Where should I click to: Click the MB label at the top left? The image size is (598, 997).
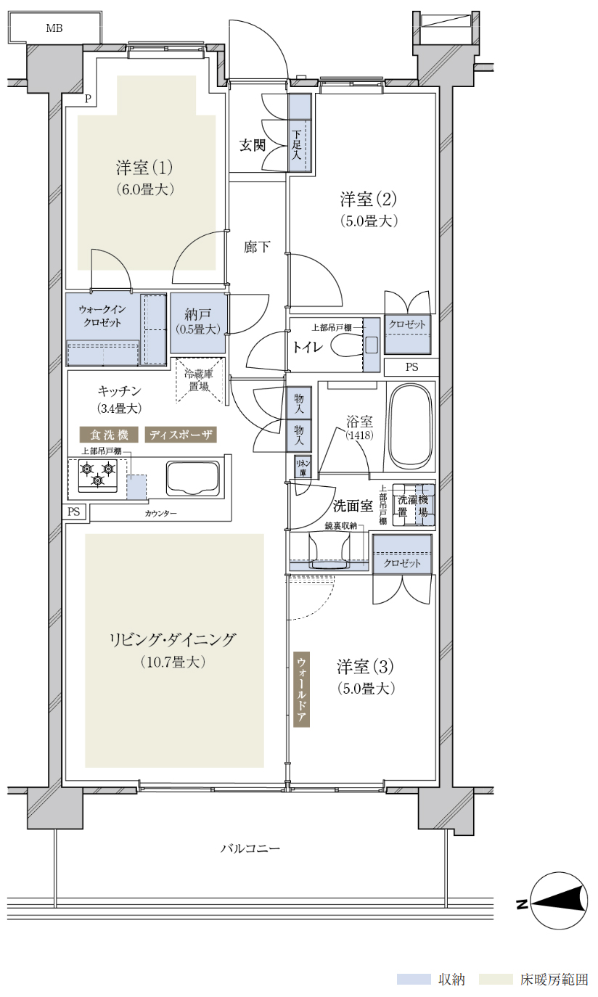pyautogui.click(x=54, y=28)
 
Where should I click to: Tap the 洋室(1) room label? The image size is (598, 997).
pyautogui.click(x=144, y=168)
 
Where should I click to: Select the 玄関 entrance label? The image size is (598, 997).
pyautogui.click(x=253, y=145)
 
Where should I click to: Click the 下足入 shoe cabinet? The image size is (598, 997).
pyautogui.click(x=299, y=133)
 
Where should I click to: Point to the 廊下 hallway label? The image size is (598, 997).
pyautogui.click(x=257, y=247)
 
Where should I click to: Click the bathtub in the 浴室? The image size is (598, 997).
pyautogui.click(x=410, y=427)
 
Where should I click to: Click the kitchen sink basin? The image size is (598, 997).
pyautogui.click(x=193, y=478)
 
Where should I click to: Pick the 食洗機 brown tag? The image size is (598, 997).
pyautogui.click(x=109, y=435)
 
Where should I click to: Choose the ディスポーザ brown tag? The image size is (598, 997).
pyautogui.click(x=181, y=435)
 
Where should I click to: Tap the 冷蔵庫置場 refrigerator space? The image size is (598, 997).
pyautogui.click(x=199, y=380)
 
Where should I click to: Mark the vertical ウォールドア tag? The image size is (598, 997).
pyautogui.click(x=301, y=689)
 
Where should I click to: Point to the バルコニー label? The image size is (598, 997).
pyautogui.click(x=250, y=848)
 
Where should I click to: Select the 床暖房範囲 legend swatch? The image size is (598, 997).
pyautogui.click(x=496, y=979)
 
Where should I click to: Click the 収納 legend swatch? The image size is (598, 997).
pyautogui.click(x=414, y=979)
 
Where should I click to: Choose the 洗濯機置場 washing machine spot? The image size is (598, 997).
pyautogui.click(x=413, y=506)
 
